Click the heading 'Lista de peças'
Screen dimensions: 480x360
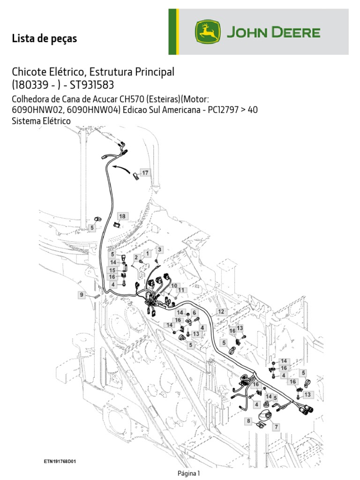(x=44, y=39)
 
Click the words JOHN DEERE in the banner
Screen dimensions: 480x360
(x=274, y=33)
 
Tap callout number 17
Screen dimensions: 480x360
(x=145, y=173)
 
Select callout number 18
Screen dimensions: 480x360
(x=122, y=216)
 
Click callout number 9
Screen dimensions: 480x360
(x=82, y=294)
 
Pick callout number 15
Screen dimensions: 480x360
(x=112, y=270)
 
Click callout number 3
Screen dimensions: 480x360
(x=159, y=249)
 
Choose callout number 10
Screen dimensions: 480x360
(x=173, y=285)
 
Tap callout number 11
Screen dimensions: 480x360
(x=181, y=291)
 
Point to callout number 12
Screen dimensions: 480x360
(x=221, y=311)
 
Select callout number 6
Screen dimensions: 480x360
(x=194, y=313)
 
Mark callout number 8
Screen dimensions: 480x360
(x=249, y=421)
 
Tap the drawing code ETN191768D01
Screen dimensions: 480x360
(x=60, y=461)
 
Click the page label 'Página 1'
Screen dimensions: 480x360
(x=189, y=473)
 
